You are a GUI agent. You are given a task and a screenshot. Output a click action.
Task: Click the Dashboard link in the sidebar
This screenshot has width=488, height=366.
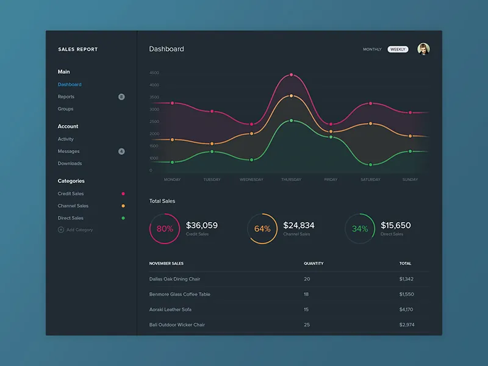tap(70, 85)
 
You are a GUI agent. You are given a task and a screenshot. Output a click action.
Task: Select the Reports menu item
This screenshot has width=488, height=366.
tap(66, 97)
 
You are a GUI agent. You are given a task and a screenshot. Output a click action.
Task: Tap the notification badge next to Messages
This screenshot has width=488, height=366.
tap(121, 151)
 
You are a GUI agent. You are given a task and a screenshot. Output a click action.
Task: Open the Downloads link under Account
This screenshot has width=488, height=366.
tap(70, 163)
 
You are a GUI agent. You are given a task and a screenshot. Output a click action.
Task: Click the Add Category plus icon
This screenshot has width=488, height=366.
tap(60, 230)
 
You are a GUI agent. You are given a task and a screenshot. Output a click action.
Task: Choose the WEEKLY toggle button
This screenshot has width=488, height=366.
tap(398, 49)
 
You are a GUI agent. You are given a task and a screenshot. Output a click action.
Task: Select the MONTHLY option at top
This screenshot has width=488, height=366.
tap(372, 49)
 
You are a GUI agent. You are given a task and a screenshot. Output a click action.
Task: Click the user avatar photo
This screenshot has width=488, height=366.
tap(423, 49)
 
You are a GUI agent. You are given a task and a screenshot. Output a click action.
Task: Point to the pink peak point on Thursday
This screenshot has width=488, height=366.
tap(292, 75)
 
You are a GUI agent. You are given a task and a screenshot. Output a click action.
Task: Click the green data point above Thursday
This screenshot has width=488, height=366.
tap(292, 121)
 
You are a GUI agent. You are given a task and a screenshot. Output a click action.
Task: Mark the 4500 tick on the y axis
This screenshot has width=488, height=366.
tap(154, 73)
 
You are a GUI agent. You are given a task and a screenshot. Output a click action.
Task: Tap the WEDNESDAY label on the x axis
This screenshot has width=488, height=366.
tap(251, 180)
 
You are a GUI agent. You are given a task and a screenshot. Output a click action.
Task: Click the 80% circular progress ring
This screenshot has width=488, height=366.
tap(165, 229)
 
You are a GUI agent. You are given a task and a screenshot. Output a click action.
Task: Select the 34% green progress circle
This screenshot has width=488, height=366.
tap(360, 229)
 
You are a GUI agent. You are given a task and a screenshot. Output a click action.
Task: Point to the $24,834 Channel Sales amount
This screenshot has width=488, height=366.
tap(299, 225)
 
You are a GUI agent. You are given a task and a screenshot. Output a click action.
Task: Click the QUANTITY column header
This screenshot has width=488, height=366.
tap(314, 264)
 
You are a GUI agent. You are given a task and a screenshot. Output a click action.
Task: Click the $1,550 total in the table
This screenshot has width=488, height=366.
tap(406, 294)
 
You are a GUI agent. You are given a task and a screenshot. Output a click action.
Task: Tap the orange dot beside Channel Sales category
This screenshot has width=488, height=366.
tap(123, 206)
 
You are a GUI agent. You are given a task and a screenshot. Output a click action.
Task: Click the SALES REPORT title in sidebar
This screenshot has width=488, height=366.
tap(77, 49)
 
